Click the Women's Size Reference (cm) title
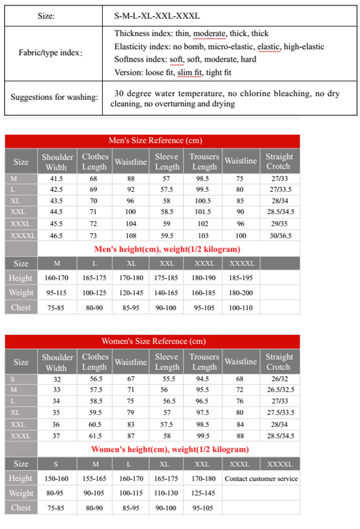[154, 341]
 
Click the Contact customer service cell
[261, 478]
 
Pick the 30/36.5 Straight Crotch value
[279, 236]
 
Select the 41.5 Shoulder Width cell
[56, 179]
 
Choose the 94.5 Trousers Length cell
[204, 380]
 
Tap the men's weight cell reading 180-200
[240, 292]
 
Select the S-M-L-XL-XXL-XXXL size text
[157, 16]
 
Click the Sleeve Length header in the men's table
[166, 161]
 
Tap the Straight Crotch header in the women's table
[279, 362]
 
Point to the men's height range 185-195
[240, 278]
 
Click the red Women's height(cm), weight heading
[170, 449]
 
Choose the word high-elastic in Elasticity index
[304, 47]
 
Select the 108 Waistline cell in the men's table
[130, 236]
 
